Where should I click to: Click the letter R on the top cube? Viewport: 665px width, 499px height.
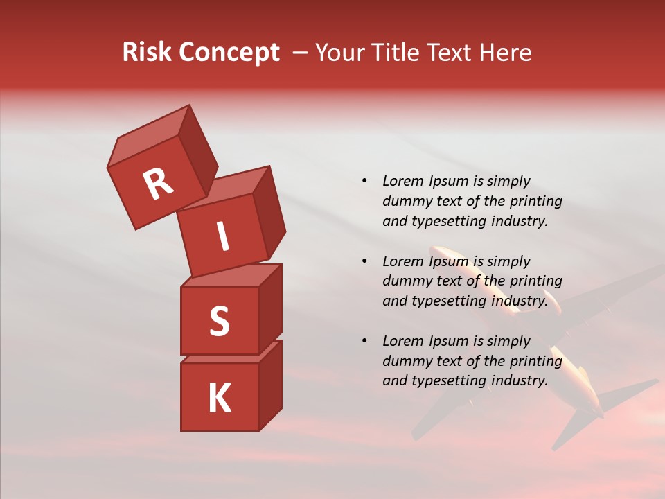pos(158,184)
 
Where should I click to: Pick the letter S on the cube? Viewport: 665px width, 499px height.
pos(219,321)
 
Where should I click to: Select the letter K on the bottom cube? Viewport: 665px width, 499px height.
pos(219,399)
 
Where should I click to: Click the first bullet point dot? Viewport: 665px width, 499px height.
pos(364,181)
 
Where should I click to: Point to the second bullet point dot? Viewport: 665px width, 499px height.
pos(364,261)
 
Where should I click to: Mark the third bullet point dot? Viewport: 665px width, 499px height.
pos(364,341)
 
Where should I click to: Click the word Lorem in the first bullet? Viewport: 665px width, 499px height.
pos(402,181)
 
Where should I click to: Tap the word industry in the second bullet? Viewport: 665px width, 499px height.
pos(519,301)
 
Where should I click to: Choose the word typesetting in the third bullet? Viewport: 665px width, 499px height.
pos(448,380)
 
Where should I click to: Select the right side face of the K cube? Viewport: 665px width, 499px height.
pos(270,385)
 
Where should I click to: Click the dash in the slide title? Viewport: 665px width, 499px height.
pos(301,53)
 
